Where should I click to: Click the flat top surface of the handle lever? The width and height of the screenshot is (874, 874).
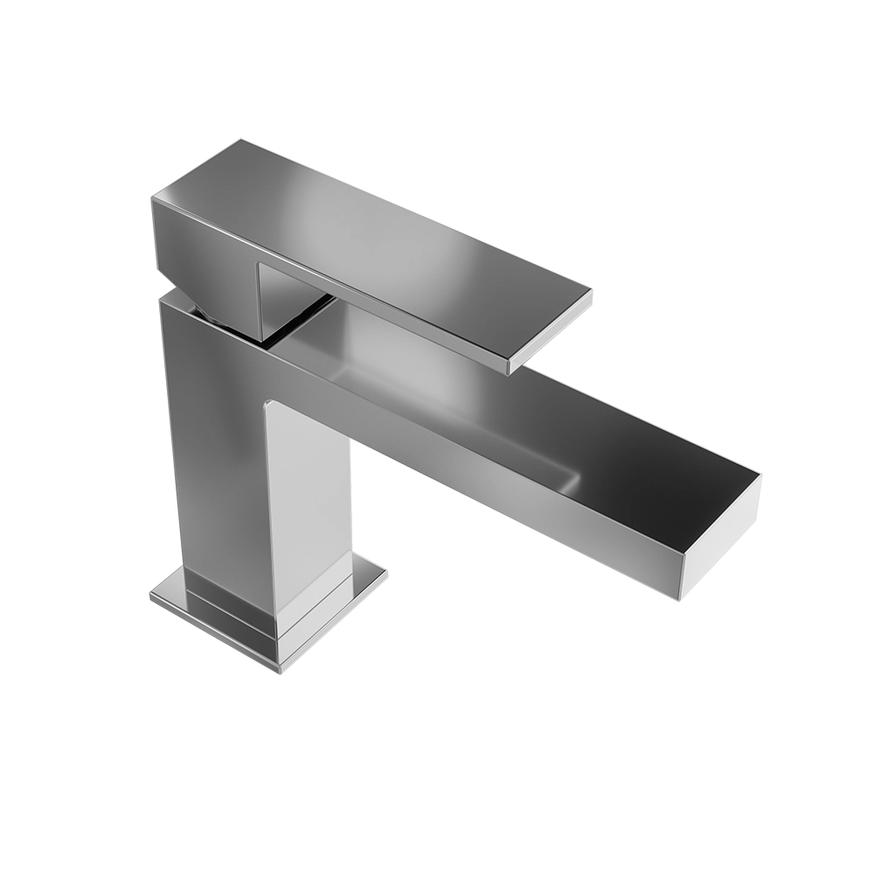pyautogui.click(x=367, y=227)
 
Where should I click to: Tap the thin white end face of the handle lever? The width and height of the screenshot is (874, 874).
pyautogui.click(x=551, y=332)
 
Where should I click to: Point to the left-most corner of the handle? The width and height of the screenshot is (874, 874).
pyautogui.click(x=152, y=199)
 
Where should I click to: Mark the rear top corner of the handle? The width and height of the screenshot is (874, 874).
pyautogui.click(x=240, y=140)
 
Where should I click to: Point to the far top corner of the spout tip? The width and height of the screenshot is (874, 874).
pyautogui.click(x=760, y=476)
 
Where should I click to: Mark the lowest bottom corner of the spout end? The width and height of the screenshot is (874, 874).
pyautogui.click(x=681, y=599)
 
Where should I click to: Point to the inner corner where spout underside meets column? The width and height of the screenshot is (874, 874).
pyautogui.click(x=267, y=404)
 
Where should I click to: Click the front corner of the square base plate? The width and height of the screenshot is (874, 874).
pyautogui.click(x=278, y=671)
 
